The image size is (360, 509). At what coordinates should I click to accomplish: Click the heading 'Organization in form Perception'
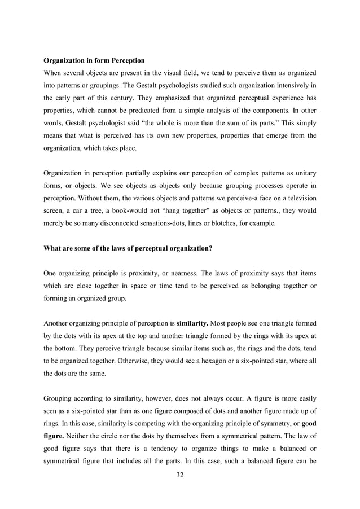[x=94, y=60]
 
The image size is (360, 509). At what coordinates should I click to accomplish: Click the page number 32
[x=180, y=475]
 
